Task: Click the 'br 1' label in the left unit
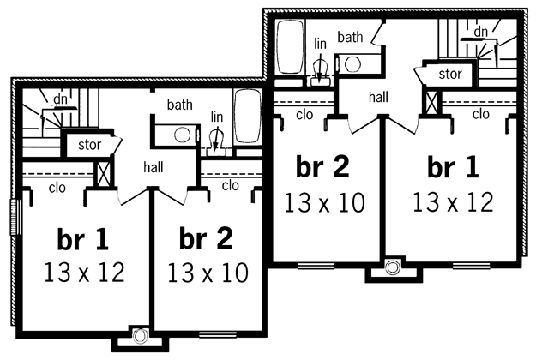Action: point(83,239)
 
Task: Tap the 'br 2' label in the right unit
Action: point(322,166)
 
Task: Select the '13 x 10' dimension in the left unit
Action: point(208,273)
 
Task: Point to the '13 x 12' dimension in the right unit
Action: point(453,202)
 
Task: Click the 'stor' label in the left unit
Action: point(89,145)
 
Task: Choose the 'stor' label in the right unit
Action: point(450,74)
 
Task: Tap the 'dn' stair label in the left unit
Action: point(61,99)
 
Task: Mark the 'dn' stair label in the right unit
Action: point(480,32)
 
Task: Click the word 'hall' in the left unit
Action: point(154,167)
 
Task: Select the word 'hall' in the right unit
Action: point(378,97)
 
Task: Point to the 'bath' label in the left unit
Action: point(179,105)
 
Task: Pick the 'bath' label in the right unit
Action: point(350,37)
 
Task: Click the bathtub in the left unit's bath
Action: point(248,116)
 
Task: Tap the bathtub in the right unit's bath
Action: point(290,47)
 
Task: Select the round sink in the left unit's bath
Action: point(182,135)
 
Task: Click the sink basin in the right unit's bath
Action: point(352,64)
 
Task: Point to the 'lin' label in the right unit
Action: point(320,44)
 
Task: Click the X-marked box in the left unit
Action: point(103,174)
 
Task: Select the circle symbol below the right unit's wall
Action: point(393,267)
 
